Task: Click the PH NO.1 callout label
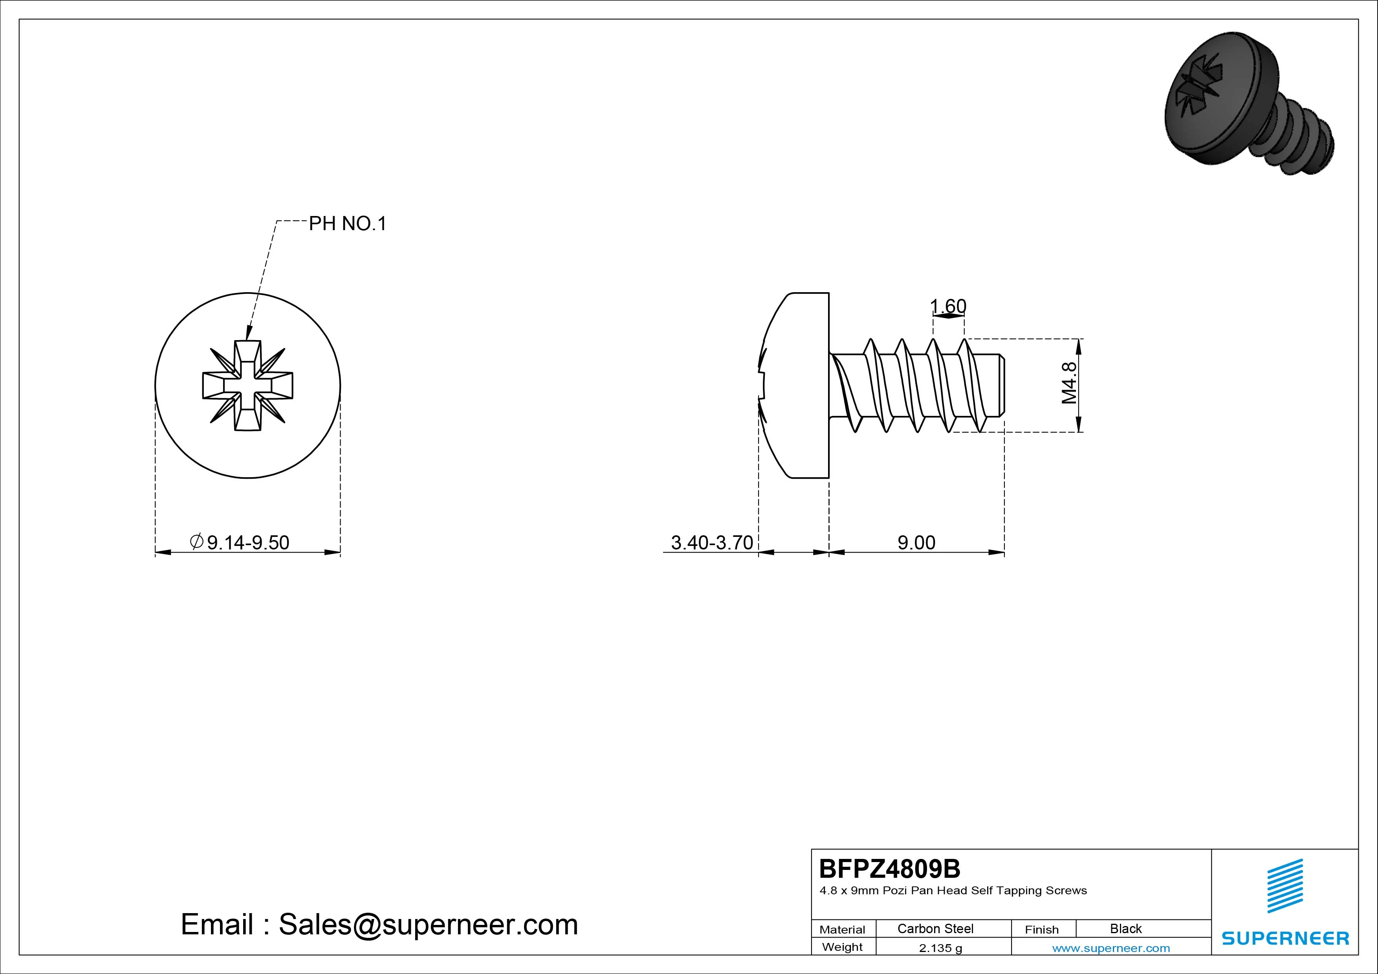(348, 224)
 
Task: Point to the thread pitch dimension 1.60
(948, 307)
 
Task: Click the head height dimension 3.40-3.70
(712, 542)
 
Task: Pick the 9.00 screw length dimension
(916, 542)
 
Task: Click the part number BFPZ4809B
(889, 868)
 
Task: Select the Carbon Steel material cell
(935, 928)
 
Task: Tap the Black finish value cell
(1125, 928)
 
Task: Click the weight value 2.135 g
(940, 948)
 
